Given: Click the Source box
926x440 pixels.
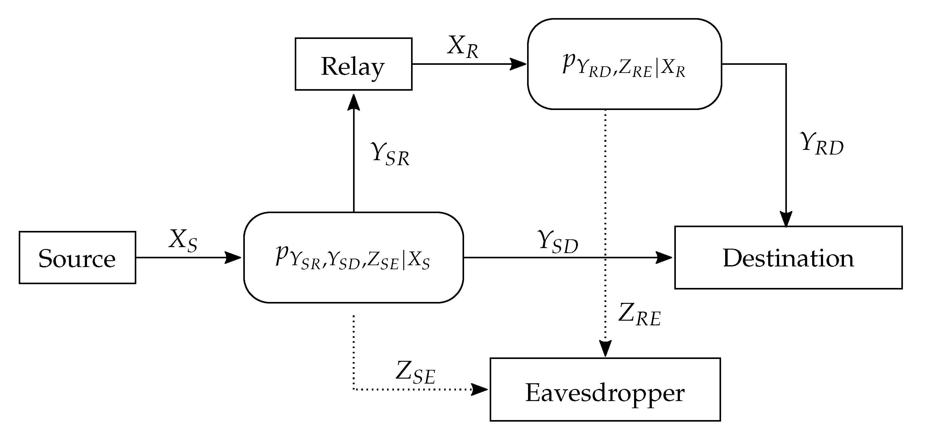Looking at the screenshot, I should (x=77, y=257).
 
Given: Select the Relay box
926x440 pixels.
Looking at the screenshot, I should (x=353, y=64).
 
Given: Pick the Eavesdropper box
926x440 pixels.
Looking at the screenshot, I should (x=605, y=389).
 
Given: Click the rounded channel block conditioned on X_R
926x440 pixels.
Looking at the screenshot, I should (x=624, y=64).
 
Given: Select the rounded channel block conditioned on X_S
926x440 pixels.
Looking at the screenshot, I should (x=353, y=257).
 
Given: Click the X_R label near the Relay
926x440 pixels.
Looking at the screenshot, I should (x=463, y=47).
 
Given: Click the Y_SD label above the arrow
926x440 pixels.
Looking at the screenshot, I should (x=558, y=242).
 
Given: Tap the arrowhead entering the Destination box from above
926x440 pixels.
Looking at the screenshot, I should (x=786, y=219).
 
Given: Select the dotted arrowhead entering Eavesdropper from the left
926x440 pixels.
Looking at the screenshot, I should (x=480, y=389).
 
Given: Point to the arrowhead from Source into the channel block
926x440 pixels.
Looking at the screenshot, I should (x=233, y=257).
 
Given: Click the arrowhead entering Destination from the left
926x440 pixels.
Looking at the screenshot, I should (x=664, y=257).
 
